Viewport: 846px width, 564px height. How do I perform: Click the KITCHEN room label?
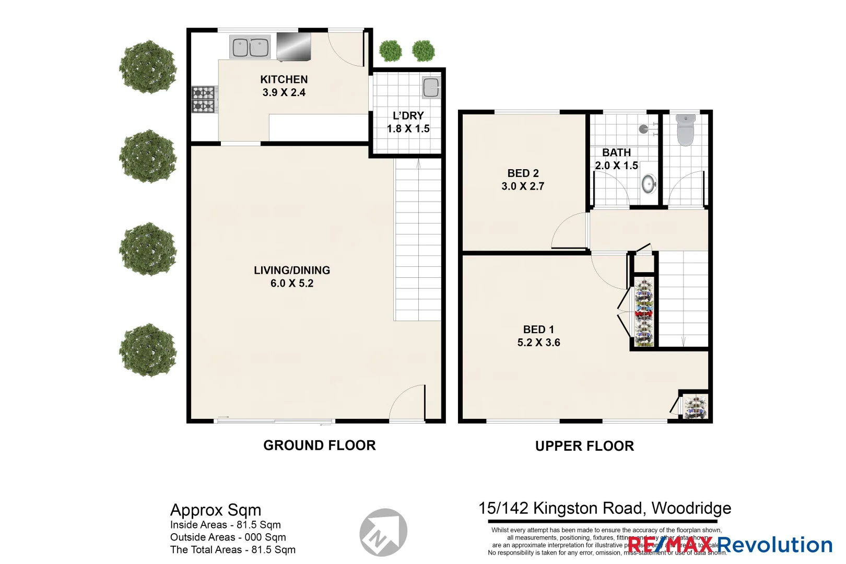284,79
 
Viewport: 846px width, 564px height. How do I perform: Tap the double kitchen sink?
250,48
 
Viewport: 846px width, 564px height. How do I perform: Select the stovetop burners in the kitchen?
203,99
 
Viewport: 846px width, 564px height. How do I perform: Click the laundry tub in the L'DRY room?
431,88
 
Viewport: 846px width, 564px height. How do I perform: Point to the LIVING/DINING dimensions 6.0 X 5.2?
292,284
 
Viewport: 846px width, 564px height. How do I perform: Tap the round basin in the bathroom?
649,183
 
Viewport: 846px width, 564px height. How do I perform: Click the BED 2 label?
523,173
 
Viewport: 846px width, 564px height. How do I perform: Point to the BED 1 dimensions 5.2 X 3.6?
538,343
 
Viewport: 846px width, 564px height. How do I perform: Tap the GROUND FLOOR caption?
319,445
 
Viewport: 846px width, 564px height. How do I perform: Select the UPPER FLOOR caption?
584,446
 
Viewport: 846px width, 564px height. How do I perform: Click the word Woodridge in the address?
691,508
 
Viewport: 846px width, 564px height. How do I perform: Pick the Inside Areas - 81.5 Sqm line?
225,525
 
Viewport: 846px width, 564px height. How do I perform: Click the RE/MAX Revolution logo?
729,545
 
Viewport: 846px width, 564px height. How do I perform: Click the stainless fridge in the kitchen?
293,46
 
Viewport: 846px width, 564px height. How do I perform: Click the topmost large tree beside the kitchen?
148,67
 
